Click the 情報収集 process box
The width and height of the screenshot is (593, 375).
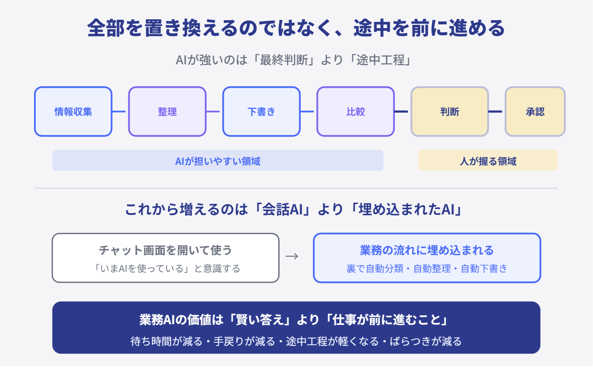pos(73,111)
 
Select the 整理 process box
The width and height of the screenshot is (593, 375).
pos(167,111)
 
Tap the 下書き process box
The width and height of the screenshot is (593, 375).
pos(261,111)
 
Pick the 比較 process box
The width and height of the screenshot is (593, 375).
pos(355,111)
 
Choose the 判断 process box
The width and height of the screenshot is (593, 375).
pos(450,111)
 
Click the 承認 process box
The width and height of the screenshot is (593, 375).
pos(535,111)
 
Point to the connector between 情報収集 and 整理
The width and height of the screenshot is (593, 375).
pos(119,111)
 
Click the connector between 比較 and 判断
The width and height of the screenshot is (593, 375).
pos(401,111)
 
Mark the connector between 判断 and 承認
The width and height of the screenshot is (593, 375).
pos(495,111)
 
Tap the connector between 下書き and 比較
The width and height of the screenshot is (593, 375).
pos(307,111)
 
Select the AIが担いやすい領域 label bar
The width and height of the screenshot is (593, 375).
pos(217,160)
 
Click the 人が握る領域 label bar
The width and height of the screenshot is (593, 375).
pos(488,160)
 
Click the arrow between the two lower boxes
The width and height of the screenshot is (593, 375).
pos(292,256)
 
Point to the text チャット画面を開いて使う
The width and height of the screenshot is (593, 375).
pos(165,250)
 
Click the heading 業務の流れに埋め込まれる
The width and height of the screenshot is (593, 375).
pos(427,250)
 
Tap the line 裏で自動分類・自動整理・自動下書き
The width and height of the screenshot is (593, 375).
pos(427,269)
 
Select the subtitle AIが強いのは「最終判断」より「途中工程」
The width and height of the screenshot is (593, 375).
pos(293,60)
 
